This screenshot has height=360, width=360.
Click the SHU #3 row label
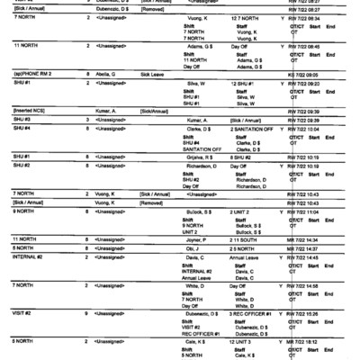[22, 119]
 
